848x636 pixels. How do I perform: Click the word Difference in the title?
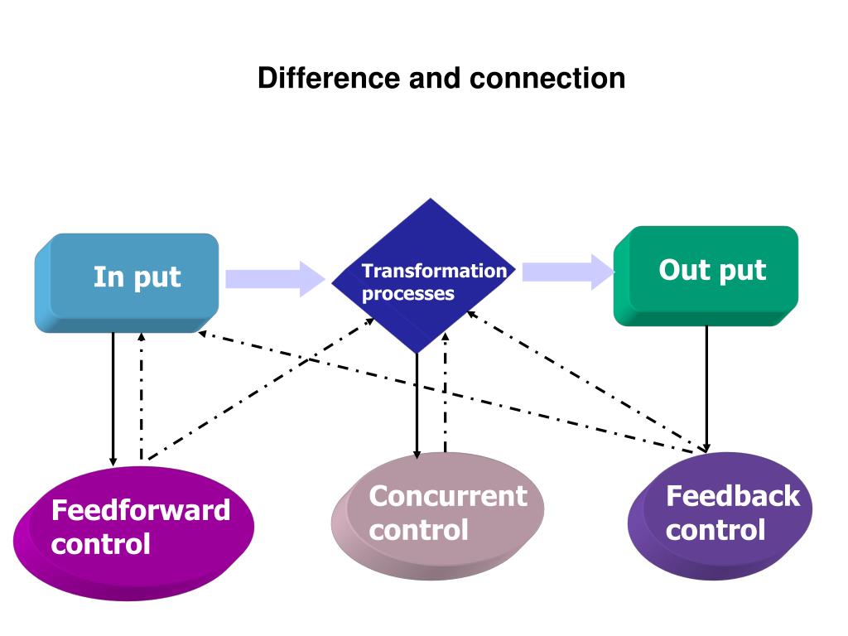330,78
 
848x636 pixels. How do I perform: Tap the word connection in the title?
547,79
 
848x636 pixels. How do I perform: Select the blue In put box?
127,283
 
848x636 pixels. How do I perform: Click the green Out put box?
706,276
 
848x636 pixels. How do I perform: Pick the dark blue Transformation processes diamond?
423,276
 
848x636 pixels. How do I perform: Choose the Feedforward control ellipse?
133,533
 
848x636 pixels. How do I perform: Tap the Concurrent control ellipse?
437,516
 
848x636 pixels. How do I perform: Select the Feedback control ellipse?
720,516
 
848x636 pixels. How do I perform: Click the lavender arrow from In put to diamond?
275,279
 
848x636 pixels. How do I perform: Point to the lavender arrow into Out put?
568,272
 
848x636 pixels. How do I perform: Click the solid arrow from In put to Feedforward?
113,399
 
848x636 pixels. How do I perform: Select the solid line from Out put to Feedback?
706,389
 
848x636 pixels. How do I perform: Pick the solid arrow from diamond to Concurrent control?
417,406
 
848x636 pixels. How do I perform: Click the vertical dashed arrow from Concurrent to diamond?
445,392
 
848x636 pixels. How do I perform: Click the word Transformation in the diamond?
434,271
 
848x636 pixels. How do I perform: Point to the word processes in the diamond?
408,294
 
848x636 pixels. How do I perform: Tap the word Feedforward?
141,510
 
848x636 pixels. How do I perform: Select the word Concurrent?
448,496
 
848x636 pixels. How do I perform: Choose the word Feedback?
733,496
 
